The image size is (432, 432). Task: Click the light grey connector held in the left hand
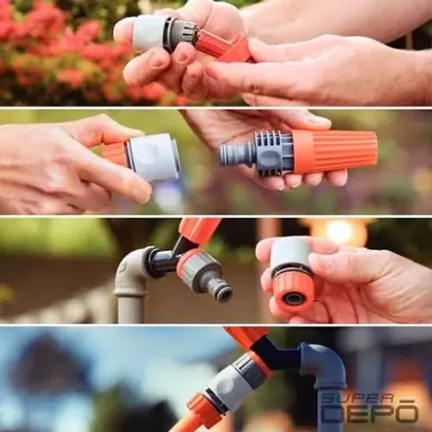(x=153, y=158)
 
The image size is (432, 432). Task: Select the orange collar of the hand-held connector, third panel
(x=293, y=286)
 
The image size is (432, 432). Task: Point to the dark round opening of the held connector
(x=294, y=298)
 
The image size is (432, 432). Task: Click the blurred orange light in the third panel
(x=339, y=232)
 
